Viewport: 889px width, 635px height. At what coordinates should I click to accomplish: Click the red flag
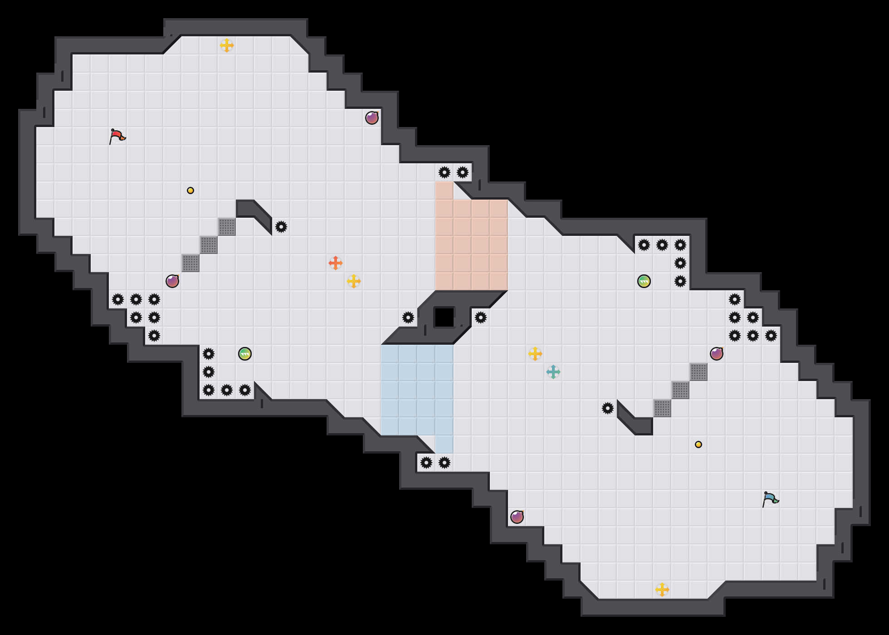pyautogui.click(x=117, y=136)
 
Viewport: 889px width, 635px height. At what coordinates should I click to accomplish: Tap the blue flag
pyautogui.click(x=770, y=499)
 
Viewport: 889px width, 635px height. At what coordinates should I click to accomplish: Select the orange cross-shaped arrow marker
pyautogui.click(x=336, y=263)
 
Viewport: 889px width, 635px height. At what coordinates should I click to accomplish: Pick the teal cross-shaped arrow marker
pyautogui.click(x=553, y=372)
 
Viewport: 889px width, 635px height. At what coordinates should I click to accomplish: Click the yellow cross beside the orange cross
pyautogui.click(x=354, y=281)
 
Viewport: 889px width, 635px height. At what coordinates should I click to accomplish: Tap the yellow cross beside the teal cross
pyautogui.click(x=535, y=354)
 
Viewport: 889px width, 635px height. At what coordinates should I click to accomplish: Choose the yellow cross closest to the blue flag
pyautogui.click(x=662, y=590)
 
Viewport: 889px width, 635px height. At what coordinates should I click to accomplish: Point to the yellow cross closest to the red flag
pyautogui.click(x=227, y=45)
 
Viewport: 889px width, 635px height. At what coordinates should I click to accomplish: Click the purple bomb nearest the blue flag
pyautogui.click(x=717, y=354)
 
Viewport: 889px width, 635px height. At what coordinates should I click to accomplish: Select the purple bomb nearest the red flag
pyautogui.click(x=172, y=281)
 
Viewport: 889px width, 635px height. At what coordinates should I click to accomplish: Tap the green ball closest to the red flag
pyautogui.click(x=245, y=354)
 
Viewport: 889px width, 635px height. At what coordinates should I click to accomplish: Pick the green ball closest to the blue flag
pyautogui.click(x=644, y=281)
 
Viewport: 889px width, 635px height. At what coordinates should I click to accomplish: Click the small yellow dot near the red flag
pyautogui.click(x=190, y=190)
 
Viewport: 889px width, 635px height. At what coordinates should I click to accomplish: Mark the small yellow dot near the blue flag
pyautogui.click(x=698, y=444)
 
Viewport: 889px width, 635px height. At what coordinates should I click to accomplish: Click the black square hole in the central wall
pyautogui.click(x=444, y=317)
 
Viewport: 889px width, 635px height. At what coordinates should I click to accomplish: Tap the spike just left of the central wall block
pyautogui.click(x=408, y=317)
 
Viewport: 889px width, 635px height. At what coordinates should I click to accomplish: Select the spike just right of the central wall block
pyautogui.click(x=481, y=317)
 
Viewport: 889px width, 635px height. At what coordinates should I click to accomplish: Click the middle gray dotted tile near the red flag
pyautogui.click(x=209, y=245)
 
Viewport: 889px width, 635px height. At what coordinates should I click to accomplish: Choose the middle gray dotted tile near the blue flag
pyautogui.click(x=680, y=390)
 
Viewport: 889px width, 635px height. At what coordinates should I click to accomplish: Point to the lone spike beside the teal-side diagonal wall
pyautogui.click(x=608, y=408)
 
